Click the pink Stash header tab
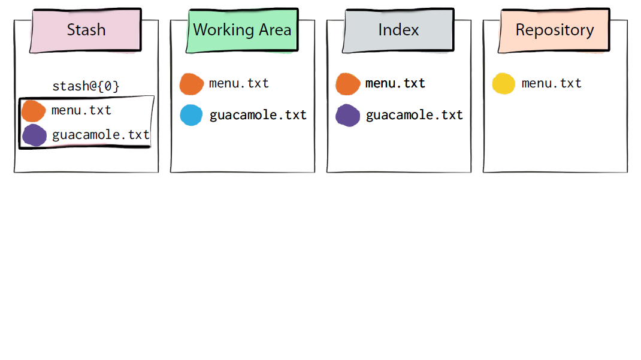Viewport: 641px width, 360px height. (86, 30)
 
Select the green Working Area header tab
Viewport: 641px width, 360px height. (242, 30)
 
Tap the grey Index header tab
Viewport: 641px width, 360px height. (398, 30)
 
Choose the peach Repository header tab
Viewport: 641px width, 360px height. (554, 30)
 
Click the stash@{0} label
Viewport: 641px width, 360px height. (86, 86)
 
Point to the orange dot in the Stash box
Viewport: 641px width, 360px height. (33, 111)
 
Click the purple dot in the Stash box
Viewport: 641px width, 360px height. (34, 135)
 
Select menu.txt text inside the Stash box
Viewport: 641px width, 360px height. (81, 110)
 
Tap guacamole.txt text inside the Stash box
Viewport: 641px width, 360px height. (101, 134)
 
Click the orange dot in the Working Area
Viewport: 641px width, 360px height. (191, 84)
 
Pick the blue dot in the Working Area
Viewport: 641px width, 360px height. (191, 115)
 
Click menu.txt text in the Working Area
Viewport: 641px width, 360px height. (239, 83)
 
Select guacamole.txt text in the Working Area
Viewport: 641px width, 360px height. (258, 115)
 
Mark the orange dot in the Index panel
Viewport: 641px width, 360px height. (348, 84)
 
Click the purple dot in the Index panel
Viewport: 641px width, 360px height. (348, 115)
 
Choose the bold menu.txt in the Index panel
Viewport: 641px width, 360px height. (395, 83)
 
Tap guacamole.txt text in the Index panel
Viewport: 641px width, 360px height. (415, 115)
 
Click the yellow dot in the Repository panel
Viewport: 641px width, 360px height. (504, 84)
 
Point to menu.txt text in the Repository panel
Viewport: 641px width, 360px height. (552, 83)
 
